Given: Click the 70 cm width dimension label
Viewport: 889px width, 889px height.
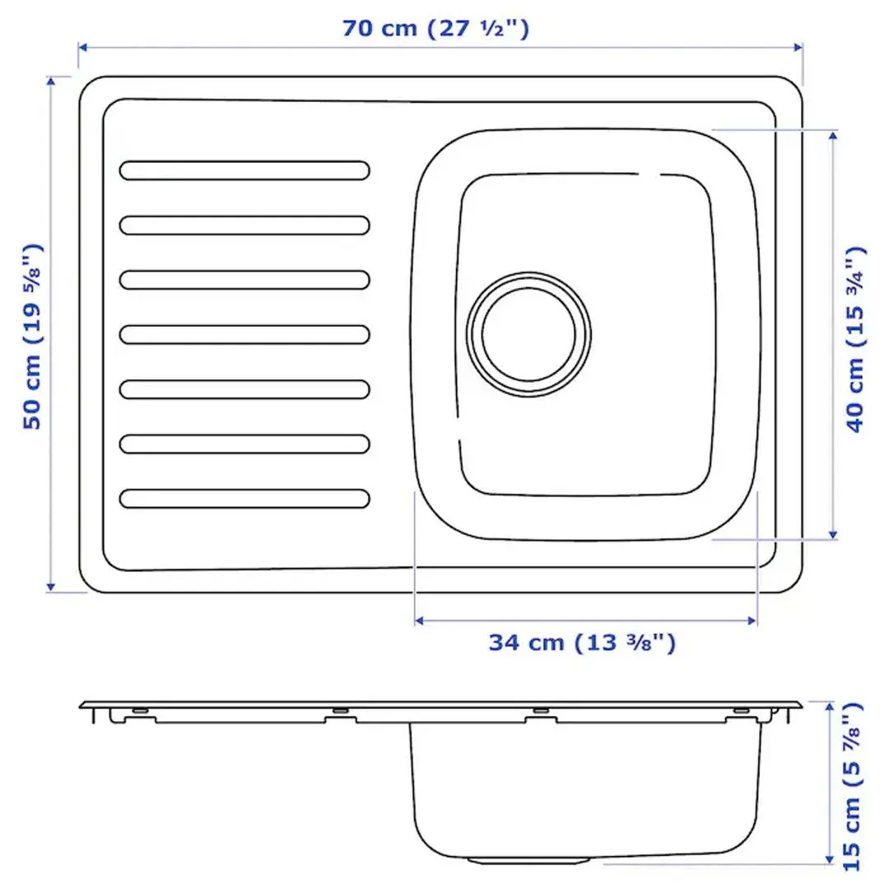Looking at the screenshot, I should (435, 29).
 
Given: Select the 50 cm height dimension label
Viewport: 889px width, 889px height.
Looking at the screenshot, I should (32, 336).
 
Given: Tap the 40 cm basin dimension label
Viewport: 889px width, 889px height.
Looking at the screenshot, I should (856, 338).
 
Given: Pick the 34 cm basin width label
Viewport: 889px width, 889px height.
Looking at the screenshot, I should (582, 643).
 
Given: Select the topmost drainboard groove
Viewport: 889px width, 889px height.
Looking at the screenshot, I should (244, 170).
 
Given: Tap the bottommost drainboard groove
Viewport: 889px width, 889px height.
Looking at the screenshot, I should (244, 498).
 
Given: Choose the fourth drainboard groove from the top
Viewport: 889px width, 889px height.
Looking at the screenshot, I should (244, 334).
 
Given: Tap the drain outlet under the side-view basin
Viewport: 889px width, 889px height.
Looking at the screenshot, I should (528, 860).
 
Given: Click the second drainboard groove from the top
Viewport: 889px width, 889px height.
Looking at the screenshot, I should (244, 225).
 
